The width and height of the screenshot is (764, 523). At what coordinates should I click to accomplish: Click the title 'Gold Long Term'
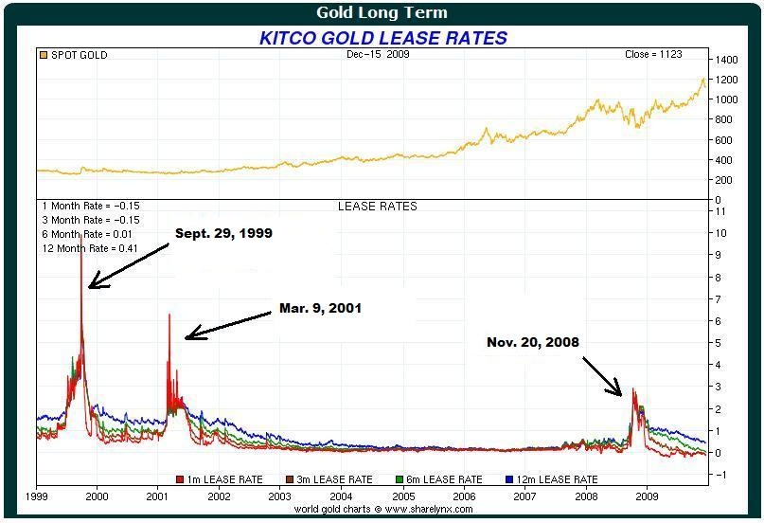(382, 13)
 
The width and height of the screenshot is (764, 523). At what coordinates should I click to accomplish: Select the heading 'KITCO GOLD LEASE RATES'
(383, 38)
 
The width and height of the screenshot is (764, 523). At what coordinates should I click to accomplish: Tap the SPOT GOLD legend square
(43, 55)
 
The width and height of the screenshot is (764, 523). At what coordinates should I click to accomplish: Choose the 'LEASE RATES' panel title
(378, 206)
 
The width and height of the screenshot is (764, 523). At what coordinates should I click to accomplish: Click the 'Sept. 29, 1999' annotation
(223, 233)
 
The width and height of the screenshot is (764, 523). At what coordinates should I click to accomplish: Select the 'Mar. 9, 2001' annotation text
(320, 309)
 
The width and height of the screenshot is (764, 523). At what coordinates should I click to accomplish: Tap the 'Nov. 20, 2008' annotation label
(533, 342)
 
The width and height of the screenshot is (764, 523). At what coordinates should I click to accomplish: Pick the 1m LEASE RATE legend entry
(219, 479)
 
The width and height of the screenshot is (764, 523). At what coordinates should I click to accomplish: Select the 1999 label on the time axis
(37, 495)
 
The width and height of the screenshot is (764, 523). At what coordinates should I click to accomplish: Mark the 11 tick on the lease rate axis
(721, 210)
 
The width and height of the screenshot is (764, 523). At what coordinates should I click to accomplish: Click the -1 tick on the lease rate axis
(721, 475)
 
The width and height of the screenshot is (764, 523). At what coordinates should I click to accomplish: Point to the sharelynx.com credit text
(382, 509)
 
